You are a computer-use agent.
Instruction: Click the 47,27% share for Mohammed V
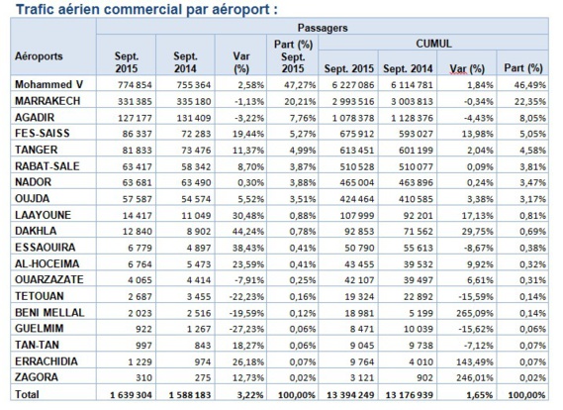click(295, 87)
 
